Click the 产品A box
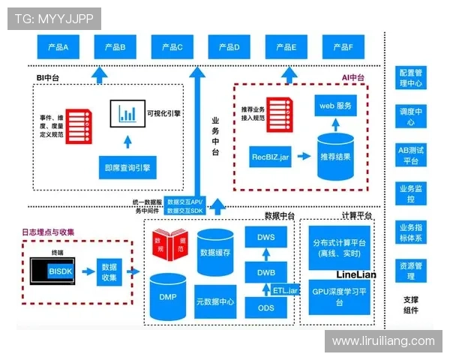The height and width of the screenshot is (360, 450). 58,47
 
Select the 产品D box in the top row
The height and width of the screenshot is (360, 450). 229,47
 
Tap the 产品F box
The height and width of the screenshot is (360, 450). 342,47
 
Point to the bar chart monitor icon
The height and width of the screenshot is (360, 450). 127,114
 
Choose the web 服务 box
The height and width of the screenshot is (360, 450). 335,106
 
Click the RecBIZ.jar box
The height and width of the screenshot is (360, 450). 270,157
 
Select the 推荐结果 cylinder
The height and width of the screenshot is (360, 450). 335,157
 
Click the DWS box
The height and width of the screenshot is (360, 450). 266,239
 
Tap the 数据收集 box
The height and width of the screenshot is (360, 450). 109,271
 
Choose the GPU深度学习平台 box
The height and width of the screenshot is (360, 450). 338,297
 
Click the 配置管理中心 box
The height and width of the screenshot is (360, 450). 411,79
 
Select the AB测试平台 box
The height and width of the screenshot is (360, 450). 411,155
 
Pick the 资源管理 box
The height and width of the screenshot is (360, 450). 411,271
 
